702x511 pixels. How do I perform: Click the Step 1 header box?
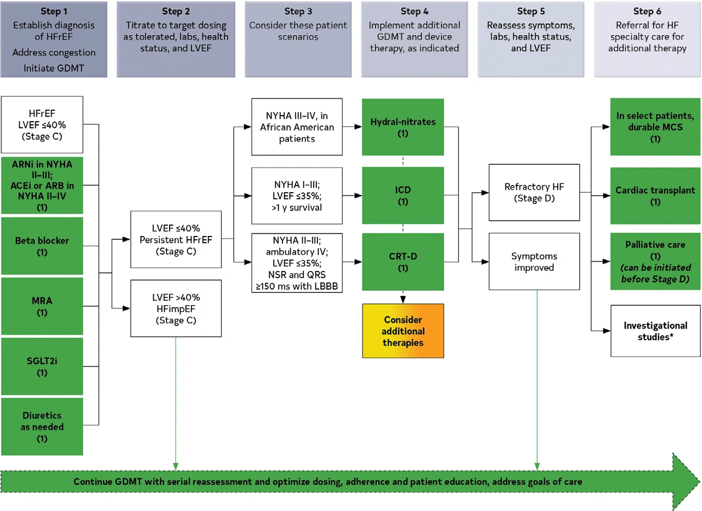point(54,39)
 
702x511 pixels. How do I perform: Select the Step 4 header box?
point(414,39)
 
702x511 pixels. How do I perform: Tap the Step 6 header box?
point(647,39)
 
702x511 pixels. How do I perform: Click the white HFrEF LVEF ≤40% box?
point(42,124)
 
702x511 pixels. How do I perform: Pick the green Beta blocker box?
point(42,246)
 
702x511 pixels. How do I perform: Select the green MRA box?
point(42,306)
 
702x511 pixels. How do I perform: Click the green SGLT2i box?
point(42,366)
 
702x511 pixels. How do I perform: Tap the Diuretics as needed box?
point(42,427)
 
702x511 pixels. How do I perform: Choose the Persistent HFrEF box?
point(176,239)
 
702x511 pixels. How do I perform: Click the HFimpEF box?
point(176,308)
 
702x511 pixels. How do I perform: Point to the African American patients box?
point(297,127)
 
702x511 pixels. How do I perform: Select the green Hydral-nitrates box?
point(403,127)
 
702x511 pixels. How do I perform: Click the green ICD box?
point(403,196)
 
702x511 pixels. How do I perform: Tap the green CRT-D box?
point(403,262)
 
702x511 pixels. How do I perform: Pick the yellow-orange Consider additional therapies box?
point(403,331)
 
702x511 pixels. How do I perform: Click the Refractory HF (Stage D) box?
point(534,192)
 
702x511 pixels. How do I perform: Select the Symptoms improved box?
point(534,262)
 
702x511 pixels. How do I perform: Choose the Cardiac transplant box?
point(655,196)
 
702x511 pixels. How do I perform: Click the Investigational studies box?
point(655,331)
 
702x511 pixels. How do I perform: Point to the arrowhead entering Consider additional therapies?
point(403,300)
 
